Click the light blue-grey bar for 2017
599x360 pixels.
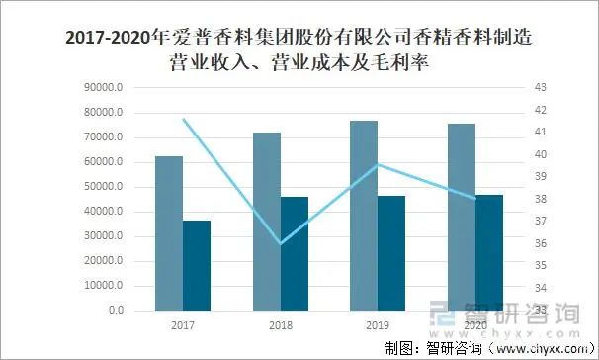pos(169,233)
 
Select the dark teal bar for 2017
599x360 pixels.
pos(197,265)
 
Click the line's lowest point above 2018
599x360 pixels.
pos(281,243)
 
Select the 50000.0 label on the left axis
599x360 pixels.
pos(103,187)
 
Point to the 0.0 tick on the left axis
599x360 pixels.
pos(115,311)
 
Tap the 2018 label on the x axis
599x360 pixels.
pos(281,325)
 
